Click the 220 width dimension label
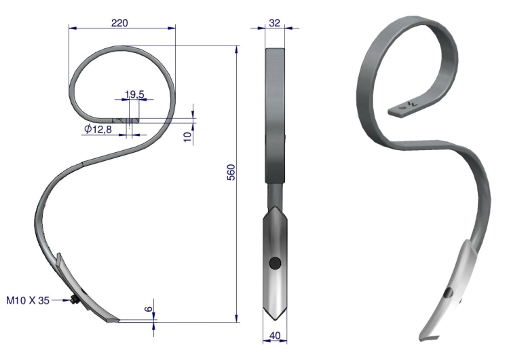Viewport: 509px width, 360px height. [119, 23]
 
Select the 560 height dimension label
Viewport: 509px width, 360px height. [231, 173]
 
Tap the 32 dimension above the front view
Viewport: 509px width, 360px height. [275, 23]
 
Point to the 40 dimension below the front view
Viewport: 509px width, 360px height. [275, 336]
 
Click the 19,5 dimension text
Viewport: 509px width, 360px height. [134, 94]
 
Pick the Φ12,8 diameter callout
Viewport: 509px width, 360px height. [98, 129]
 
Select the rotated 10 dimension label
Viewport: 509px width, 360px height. [188, 137]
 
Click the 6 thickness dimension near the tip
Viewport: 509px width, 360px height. [148, 308]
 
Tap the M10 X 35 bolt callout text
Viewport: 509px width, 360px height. [28, 300]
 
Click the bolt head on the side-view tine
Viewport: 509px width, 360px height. [73, 300]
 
